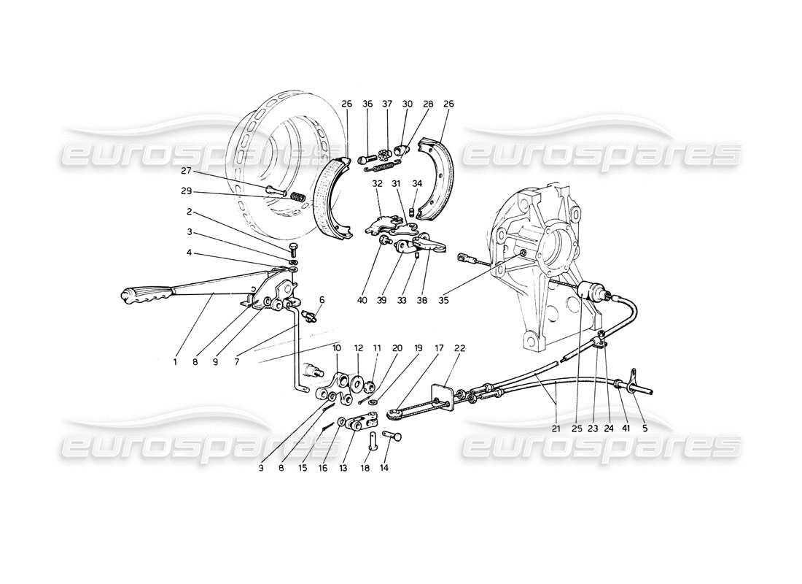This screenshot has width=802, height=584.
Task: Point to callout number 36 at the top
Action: [367, 104]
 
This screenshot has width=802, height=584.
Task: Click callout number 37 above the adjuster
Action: [387, 104]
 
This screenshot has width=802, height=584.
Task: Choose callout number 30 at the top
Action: [407, 104]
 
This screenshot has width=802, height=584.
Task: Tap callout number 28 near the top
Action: [428, 104]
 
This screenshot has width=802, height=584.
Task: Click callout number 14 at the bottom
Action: [385, 467]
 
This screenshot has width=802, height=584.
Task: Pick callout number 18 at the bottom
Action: [367, 467]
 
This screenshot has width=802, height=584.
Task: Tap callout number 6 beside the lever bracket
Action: [322, 299]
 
